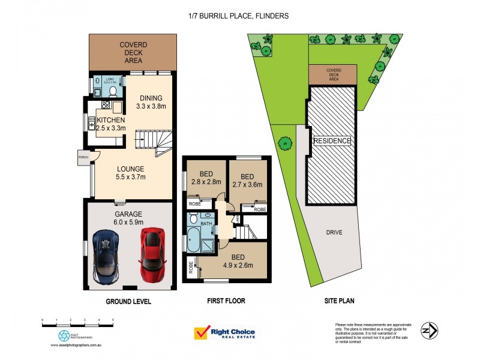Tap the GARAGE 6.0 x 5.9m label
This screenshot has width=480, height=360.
(x=128, y=217)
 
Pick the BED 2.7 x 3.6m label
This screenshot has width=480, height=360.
(x=247, y=181)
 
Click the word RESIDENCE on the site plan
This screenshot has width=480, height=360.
(x=332, y=140)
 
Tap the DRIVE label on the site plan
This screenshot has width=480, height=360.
(x=334, y=232)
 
